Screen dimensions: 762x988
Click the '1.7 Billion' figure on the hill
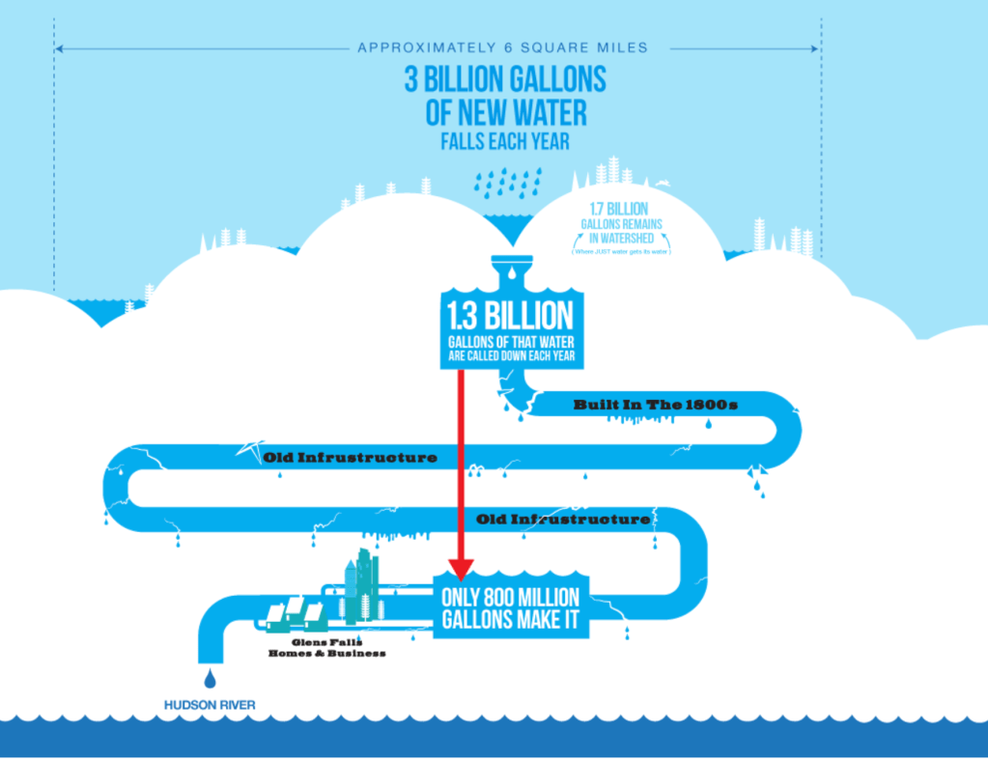pos(619,209)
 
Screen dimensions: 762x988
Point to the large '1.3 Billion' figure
pos(509,316)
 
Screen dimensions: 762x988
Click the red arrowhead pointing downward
pos(461,569)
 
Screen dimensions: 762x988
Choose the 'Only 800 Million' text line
pos(511,596)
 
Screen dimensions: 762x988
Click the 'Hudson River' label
pos(209,705)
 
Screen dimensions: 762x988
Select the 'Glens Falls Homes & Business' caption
pos(326,647)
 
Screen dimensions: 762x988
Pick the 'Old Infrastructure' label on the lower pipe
pos(563,520)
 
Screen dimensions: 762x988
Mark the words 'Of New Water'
pos(505,113)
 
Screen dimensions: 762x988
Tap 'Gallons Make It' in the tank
pos(511,620)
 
